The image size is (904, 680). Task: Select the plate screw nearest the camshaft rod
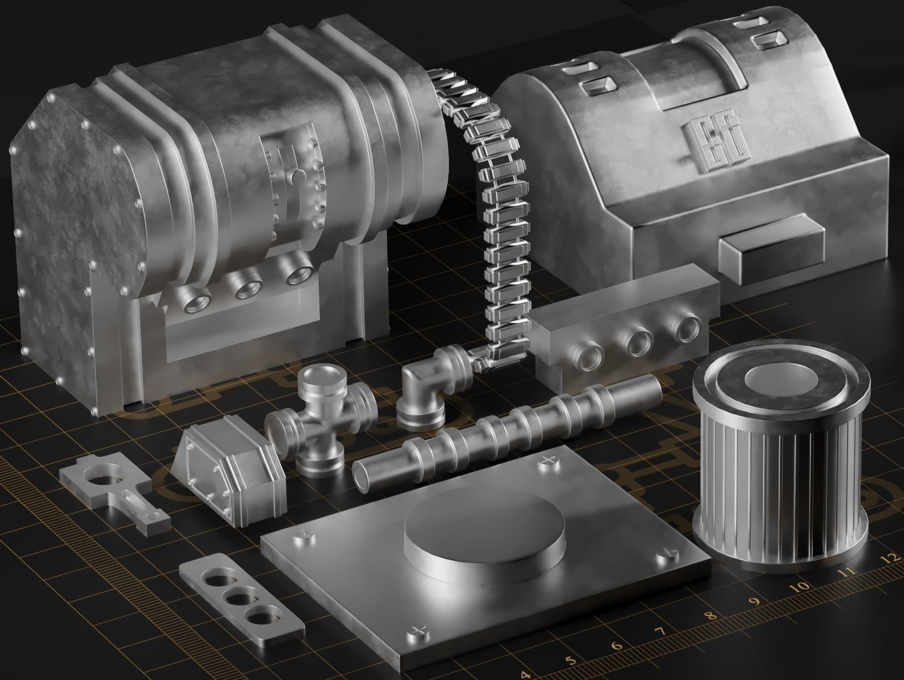[x=547, y=462]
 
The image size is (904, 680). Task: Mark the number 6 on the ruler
[x=616, y=646]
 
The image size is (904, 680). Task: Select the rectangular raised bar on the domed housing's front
[x=773, y=247]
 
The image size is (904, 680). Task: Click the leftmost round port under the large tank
[x=197, y=299]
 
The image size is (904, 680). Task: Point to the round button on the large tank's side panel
[x=298, y=177]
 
